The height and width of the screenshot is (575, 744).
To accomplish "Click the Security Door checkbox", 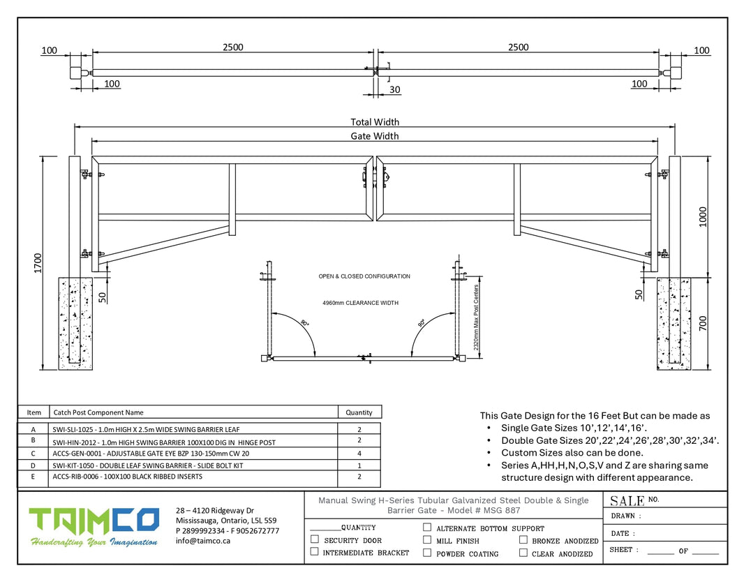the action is [315, 539].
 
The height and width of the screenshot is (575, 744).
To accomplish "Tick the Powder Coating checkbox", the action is [427, 553].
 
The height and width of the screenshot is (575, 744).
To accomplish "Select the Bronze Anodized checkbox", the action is [523, 540].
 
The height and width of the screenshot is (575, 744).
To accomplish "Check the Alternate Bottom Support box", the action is [427, 527].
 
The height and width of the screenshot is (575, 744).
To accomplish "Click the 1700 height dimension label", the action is [38, 263].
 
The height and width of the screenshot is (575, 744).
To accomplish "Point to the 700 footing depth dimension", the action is [703, 324].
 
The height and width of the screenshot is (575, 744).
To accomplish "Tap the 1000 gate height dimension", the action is [703, 217].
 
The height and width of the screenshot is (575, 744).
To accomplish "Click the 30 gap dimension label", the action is [395, 89].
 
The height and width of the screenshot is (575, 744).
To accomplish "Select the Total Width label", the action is [375, 122].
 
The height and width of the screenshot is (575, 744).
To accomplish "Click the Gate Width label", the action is [374, 136].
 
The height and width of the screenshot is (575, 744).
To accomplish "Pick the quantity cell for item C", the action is [359, 453].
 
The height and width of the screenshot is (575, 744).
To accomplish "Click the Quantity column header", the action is [359, 412].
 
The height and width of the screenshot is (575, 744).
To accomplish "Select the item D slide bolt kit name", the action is [147, 466].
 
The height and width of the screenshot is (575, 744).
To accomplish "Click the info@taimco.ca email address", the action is [203, 541].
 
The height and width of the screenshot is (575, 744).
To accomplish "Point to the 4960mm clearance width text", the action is [361, 303].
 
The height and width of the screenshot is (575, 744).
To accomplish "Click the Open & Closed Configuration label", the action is [364, 276].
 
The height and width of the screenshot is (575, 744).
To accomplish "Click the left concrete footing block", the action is [75, 324].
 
